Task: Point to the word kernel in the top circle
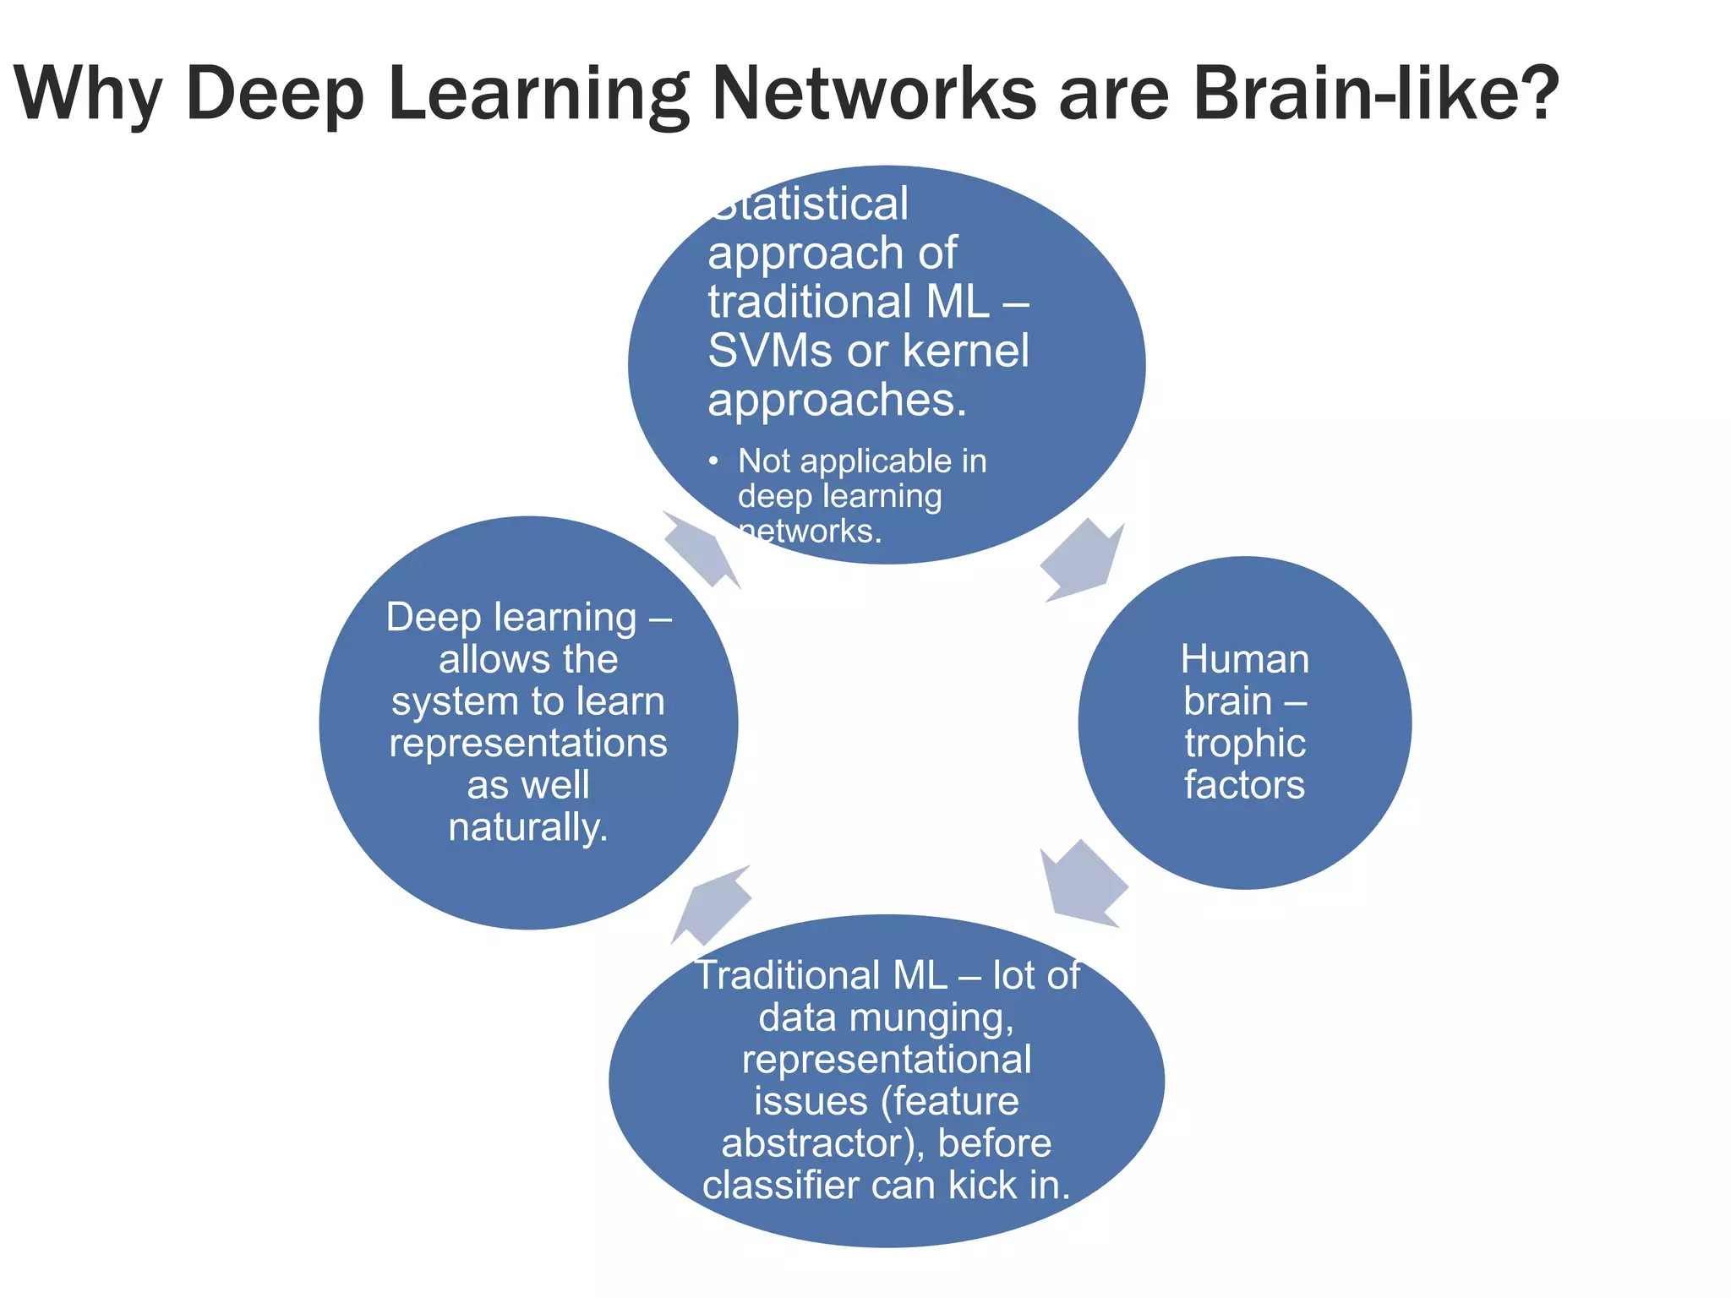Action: pos(966,351)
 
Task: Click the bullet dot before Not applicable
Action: pos(714,461)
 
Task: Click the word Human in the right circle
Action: pos(1244,659)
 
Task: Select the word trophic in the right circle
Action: pos(1244,744)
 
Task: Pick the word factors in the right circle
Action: pos(1244,785)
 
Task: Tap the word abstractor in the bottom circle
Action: pos(813,1143)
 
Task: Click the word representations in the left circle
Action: pos(528,744)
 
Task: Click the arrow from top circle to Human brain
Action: pos(1082,559)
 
